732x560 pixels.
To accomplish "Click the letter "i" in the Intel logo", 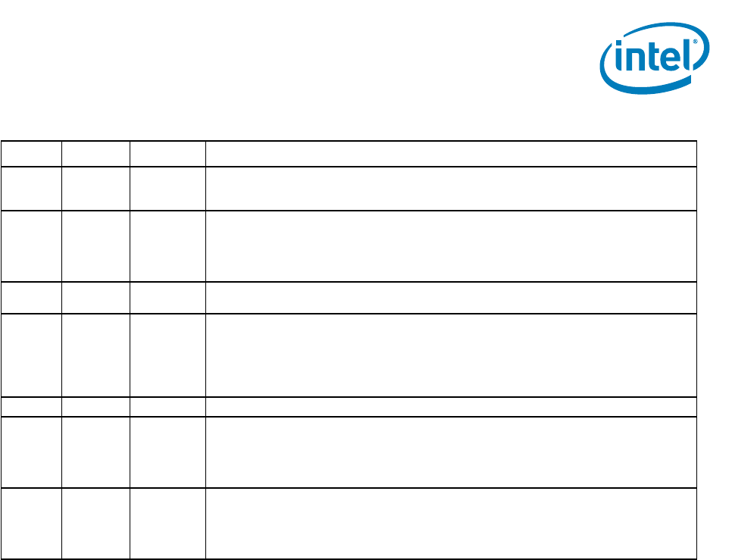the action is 619,61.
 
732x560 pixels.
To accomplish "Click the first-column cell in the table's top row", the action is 31,154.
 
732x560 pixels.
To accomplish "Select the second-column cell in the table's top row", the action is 95,154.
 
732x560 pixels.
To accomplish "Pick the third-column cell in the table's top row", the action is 167,154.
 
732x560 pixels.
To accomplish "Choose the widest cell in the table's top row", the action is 451,154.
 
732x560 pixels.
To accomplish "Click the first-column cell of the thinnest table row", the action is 31,407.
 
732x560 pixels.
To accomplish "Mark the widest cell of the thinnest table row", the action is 451,407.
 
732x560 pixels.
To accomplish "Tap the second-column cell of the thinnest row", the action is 95,407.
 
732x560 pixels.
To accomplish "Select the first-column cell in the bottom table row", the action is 31,524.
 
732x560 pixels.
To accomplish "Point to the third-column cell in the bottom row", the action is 167,524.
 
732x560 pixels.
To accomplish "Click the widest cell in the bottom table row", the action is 451,524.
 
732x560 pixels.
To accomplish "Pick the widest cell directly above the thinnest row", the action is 451,355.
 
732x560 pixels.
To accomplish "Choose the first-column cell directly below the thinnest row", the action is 31,452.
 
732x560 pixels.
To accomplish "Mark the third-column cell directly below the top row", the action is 167,189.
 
